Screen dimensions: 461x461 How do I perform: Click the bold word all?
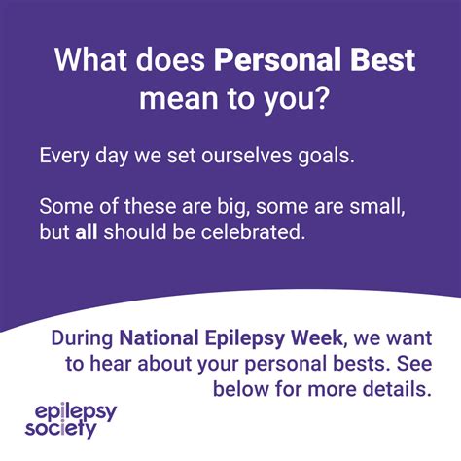pos(87,234)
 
